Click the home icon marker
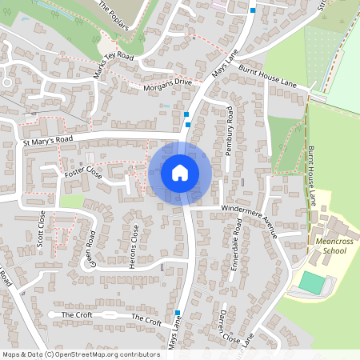(180, 172)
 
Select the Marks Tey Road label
(111, 65)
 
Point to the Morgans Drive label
(168, 86)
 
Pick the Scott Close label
(41, 230)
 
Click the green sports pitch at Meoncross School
(314, 282)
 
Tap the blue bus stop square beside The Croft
(177, 312)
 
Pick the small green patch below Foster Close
(72, 202)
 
